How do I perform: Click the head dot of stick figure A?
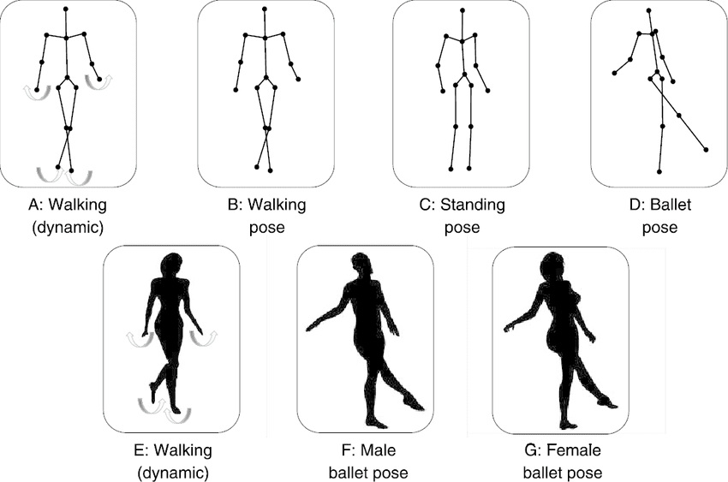66,9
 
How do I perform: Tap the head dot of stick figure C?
462,9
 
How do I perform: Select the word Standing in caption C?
473,205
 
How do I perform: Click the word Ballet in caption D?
671,204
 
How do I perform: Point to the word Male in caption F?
379,450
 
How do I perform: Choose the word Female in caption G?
574,450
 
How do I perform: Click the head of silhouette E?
170,265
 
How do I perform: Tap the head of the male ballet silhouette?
362,265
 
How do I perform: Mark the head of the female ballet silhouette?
554,265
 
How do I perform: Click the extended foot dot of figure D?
707,149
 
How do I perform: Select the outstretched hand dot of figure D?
614,73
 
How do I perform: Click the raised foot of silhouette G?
607,402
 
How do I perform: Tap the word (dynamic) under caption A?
68,228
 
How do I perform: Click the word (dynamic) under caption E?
173,473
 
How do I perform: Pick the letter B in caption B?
233,205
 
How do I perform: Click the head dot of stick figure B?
264,9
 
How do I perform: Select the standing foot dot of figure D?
659,171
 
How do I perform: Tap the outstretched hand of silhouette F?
312,326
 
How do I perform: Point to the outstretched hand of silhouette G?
510,326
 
